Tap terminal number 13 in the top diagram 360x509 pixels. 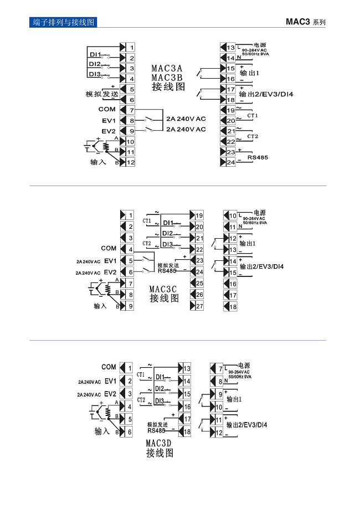(x=231, y=48)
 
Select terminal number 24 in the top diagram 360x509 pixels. (x=231, y=162)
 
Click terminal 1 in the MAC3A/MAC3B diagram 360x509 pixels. (x=132, y=48)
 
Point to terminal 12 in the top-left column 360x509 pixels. (x=131, y=163)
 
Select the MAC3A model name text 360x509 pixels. (x=167, y=69)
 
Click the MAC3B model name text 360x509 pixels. (x=167, y=78)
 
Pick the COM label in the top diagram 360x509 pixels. (x=107, y=110)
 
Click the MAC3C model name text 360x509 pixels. (x=164, y=289)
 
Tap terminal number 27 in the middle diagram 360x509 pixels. (x=199, y=306)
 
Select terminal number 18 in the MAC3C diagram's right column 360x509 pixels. (x=233, y=306)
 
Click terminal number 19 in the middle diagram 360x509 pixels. (x=199, y=215)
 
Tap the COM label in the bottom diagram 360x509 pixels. (x=109, y=367)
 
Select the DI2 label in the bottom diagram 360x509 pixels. (x=160, y=389)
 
